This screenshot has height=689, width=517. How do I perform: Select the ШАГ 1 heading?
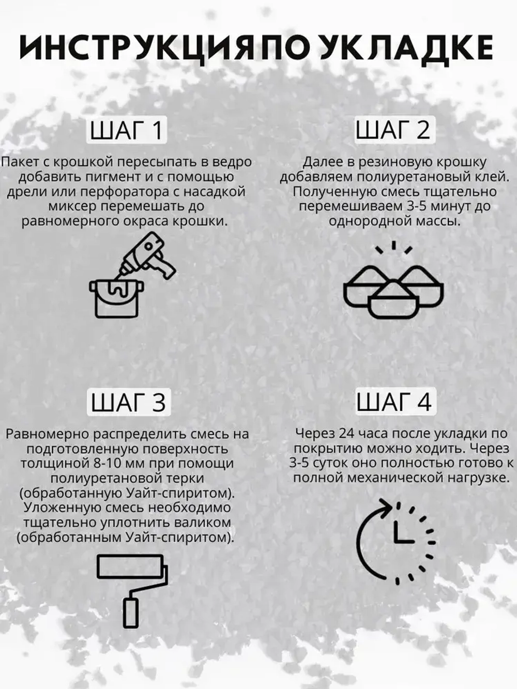click(127, 130)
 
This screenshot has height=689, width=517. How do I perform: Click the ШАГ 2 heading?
click(393, 130)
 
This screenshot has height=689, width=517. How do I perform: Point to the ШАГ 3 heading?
click(128, 403)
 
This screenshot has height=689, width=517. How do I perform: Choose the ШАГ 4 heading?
click(394, 403)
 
